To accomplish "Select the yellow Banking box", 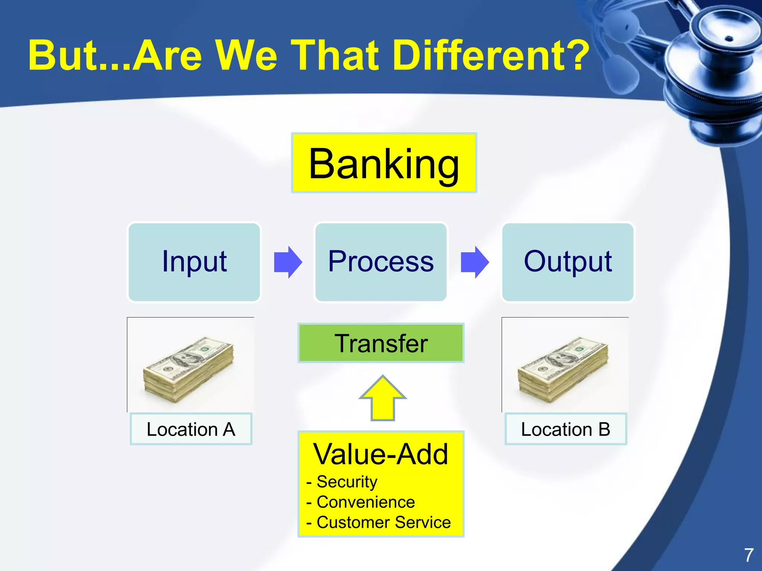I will [x=384, y=163].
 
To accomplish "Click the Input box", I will [x=194, y=262].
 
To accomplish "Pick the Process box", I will [x=381, y=262].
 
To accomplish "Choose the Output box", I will [x=568, y=262].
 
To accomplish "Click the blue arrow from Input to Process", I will [x=288, y=262].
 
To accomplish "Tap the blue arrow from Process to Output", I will [x=474, y=262].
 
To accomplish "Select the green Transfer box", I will [x=381, y=343].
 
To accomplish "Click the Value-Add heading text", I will [x=381, y=454].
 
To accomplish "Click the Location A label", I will [x=191, y=429].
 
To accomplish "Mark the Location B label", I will [x=566, y=429].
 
